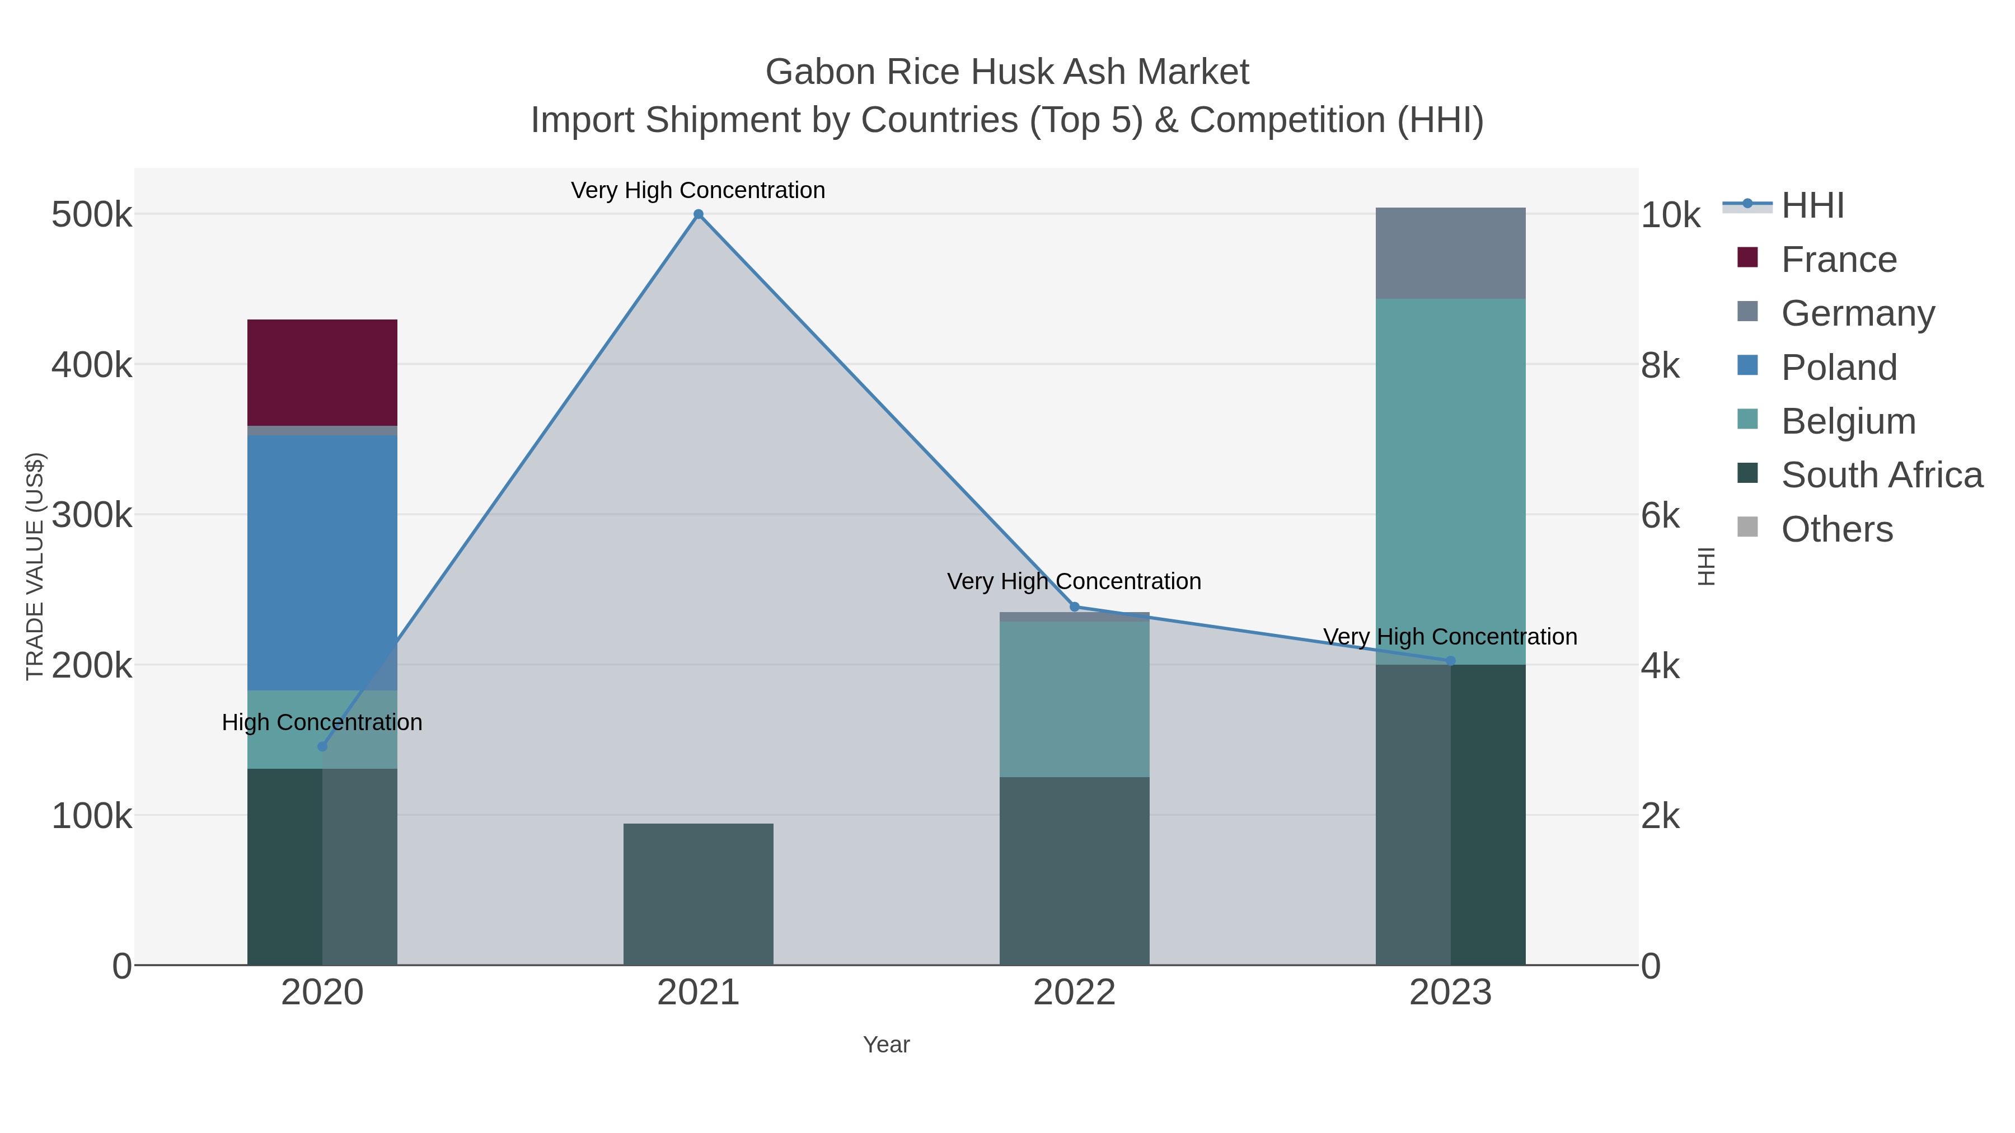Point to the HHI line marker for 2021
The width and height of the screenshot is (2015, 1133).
point(699,214)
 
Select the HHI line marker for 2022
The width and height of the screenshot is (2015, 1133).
point(1074,607)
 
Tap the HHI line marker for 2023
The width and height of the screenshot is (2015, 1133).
point(1450,661)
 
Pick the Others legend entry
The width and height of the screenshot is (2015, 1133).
point(1836,529)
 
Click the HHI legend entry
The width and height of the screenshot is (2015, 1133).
point(1812,206)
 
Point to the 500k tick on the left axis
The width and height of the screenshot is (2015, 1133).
point(92,215)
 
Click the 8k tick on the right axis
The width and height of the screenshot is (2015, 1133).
point(1661,365)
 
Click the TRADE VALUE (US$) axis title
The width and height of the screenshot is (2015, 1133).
point(35,566)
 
